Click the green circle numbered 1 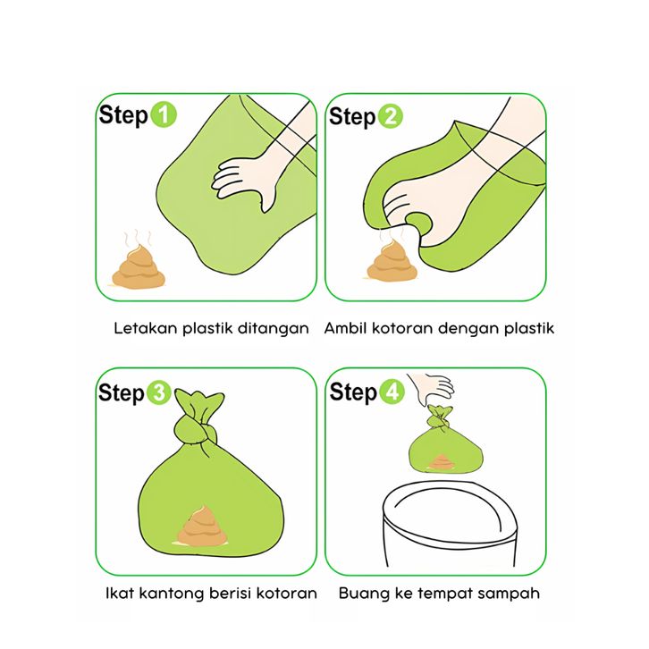coord(164,114)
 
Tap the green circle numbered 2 coord(390,116)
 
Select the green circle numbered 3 coord(159,392)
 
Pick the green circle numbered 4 coord(392,392)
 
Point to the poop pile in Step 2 coord(392,262)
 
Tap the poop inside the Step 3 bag coord(202,526)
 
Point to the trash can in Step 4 coord(450,524)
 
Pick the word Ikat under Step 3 coord(120,593)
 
